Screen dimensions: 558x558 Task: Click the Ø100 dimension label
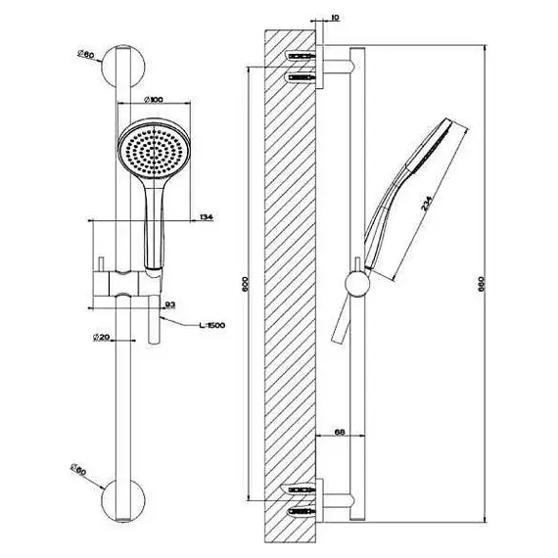(154, 100)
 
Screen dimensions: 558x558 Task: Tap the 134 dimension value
(207, 216)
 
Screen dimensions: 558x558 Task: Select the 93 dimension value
(170, 304)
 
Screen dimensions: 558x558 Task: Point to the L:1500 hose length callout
(212, 325)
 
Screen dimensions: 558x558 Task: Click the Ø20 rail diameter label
(101, 337)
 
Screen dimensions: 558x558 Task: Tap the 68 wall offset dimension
(340, 432)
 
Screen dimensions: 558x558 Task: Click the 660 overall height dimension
(482, 284)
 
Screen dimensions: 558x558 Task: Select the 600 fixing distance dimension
(245, 284)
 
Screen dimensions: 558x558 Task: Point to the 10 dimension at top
(335, 18)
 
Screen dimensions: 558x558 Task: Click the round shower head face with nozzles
(154, 150)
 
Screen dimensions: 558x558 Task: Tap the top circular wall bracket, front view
(123, 67)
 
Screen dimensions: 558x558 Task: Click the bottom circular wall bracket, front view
(123, 500)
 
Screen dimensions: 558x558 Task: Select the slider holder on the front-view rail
(126, 284)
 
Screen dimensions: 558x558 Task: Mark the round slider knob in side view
(357, 284)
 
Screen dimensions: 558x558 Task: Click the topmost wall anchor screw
(301, 56)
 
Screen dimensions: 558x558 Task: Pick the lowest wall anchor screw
(301, 511)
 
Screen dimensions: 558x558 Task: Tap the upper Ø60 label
(85, 55)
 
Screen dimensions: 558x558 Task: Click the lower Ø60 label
(78, 469)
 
